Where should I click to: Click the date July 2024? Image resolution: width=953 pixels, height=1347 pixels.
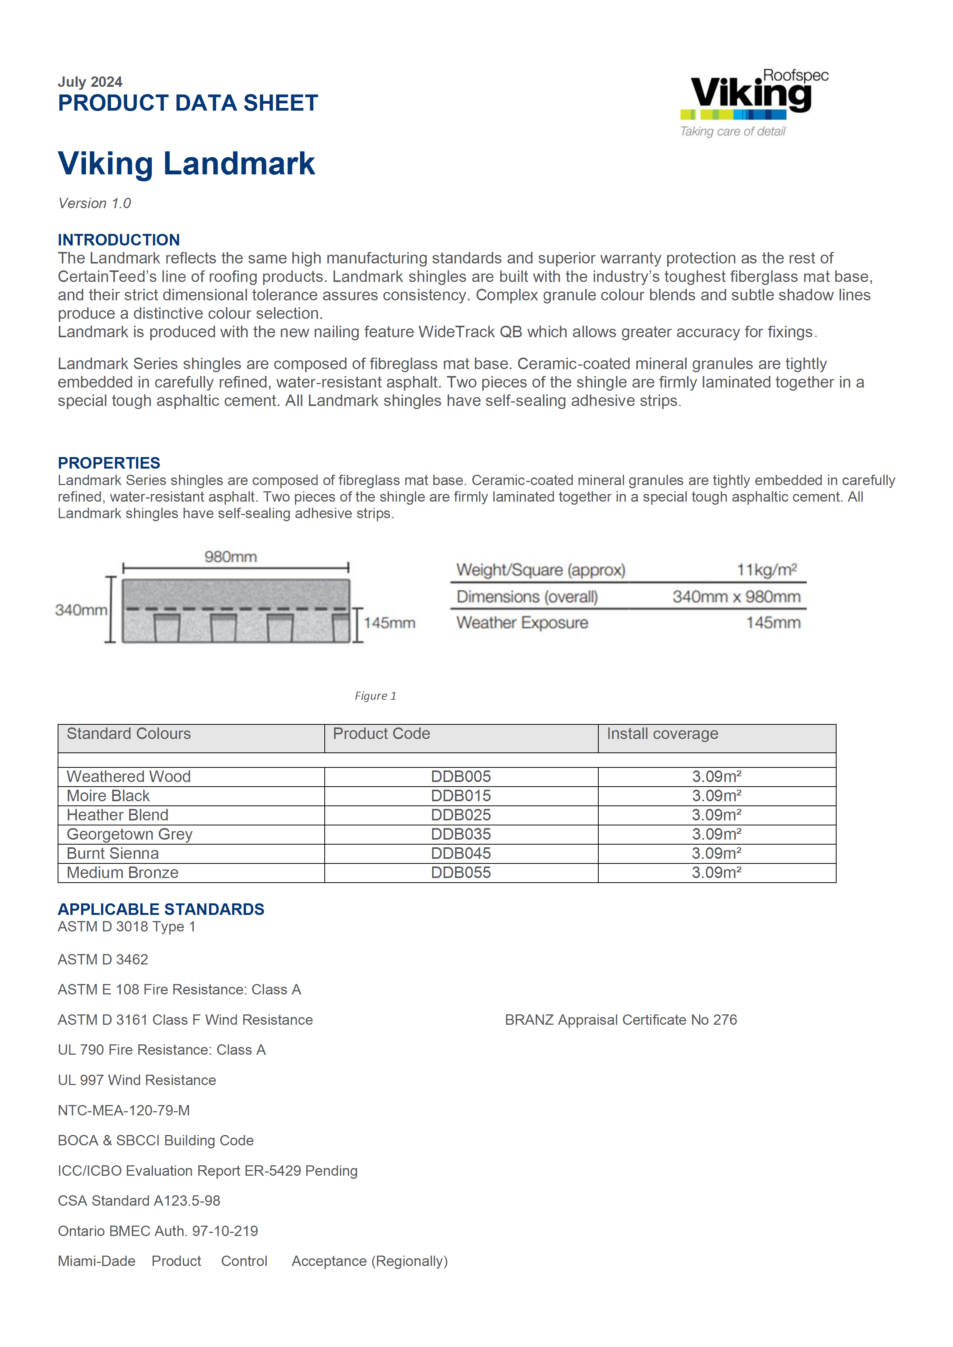tap(90, 81)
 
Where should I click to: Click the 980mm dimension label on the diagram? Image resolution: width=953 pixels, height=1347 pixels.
tap(231, 556)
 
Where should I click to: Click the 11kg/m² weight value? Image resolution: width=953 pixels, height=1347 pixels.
tap(766, 570)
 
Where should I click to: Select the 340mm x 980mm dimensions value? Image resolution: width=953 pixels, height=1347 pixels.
tap(736, 596)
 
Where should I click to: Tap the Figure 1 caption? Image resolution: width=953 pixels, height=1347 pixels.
tap(375, 696)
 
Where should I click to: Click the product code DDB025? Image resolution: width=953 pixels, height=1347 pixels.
tap(461, 815)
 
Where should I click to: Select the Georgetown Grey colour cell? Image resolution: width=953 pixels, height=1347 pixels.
tap(129, 834)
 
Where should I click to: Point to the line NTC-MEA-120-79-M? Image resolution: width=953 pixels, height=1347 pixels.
tap(124, 1110)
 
